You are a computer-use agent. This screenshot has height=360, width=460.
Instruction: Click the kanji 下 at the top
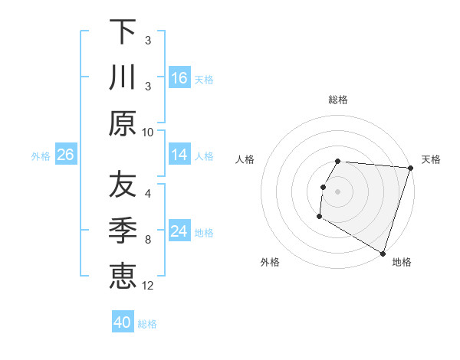tap(123, 31)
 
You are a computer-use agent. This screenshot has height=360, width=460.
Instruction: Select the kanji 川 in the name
tap(123, 77)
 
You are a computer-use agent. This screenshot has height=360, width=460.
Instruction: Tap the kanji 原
tap(123, 123)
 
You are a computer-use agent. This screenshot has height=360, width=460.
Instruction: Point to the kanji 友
tap(123, 185)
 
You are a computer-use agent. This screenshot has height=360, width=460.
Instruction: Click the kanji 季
tap(123, 231)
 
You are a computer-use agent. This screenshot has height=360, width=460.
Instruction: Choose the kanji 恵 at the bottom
tap(123, 277)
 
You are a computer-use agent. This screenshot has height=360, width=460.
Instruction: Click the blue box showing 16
tap(179, 77)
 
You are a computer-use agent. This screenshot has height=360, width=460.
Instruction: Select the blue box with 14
tap(179, 155)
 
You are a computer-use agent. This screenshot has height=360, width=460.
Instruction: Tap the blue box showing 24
tap(179, 232)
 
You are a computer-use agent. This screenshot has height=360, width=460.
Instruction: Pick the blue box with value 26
tap(65, 155)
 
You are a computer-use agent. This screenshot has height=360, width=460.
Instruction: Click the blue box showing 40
tap(123, 322)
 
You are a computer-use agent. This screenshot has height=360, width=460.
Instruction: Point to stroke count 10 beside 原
tap(148, 133)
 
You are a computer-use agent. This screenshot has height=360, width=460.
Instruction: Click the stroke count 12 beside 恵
tap(148, 286)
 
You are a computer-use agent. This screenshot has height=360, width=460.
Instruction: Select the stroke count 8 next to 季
tap(148, 240)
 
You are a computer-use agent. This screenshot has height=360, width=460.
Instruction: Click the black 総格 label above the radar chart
tap(338, 100)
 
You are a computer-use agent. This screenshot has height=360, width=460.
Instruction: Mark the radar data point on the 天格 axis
tap(410, 168)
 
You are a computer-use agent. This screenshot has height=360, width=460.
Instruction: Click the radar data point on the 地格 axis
tap(383, 253)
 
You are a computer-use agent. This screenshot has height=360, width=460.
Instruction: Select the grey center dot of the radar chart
tap(338, 191)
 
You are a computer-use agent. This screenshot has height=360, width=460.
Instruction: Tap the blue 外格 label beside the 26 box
tap(41, 156)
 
